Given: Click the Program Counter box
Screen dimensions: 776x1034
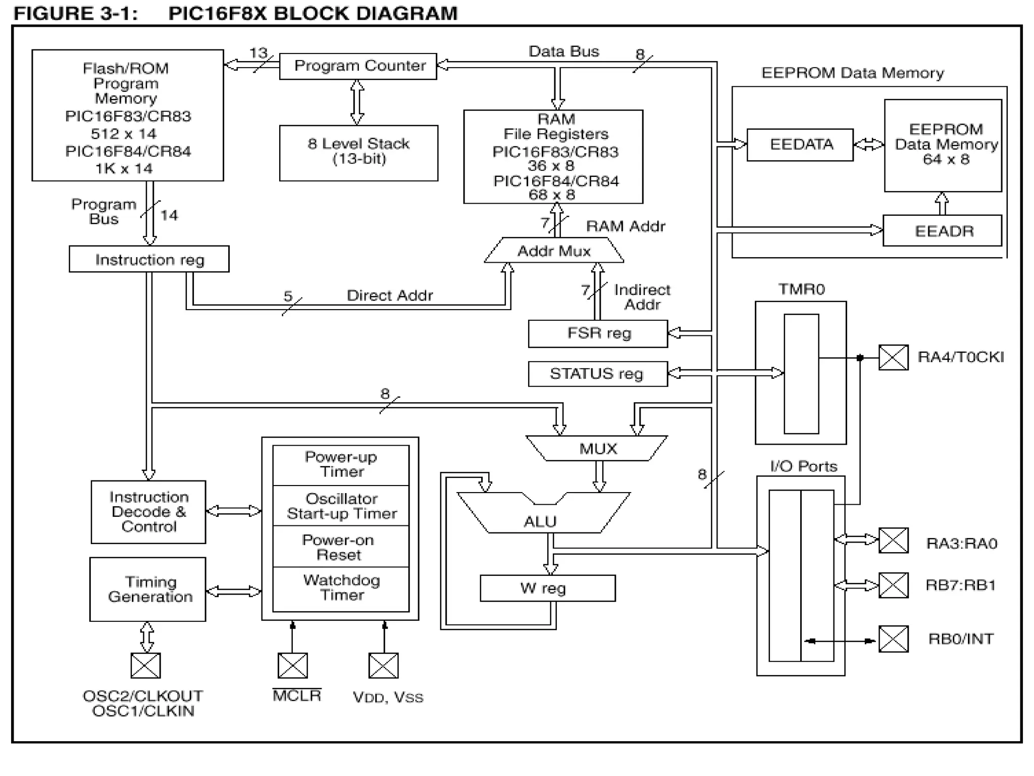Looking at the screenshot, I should (358, 66).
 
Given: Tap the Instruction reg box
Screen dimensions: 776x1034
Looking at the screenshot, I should (149, 259).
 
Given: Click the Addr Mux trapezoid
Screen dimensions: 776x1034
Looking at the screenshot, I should (554, 251).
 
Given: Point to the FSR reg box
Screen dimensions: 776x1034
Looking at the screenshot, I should (598, 333).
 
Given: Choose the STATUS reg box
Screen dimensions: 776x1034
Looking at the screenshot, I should (598, 374).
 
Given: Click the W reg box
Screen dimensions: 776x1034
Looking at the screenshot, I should (547, 588).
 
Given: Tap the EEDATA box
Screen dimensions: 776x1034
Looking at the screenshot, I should (800, 144).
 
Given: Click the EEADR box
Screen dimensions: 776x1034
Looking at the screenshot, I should (942, 231).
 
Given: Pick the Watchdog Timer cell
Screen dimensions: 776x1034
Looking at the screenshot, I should (341, 588).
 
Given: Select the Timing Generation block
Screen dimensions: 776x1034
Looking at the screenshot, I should (148, 589).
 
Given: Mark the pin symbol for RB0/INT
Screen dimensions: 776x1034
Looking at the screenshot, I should (893, 639).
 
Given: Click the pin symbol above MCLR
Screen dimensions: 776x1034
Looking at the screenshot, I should (292, 665).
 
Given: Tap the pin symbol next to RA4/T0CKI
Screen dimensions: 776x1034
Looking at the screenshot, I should (893, 358).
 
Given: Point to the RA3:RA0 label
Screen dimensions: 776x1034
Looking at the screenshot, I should (961, 544).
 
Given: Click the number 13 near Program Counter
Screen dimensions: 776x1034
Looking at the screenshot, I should (258, 53).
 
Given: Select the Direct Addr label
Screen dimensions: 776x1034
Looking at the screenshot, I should (389, 295).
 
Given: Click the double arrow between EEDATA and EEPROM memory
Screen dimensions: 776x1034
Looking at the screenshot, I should (868, 144).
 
